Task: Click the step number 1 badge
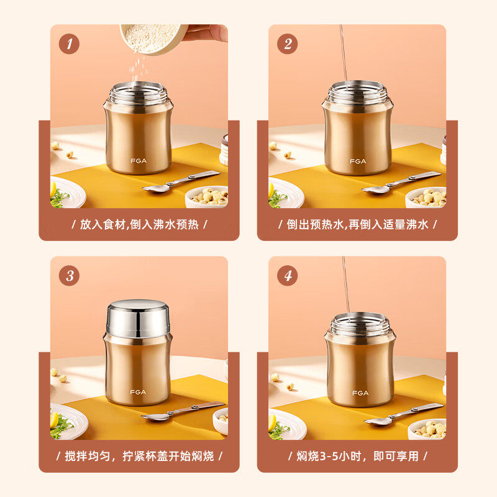click(x=69, y=44)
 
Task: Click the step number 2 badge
click(x=288, y=44)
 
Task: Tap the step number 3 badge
click(x=69, y=276)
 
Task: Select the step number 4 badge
click(x=288, y=276)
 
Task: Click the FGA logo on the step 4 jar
click(x=360, y=393)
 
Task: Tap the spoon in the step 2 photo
click(x=401, y=182)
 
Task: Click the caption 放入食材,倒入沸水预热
click(x=139, y=224)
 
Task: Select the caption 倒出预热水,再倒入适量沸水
click(x=357, y=224)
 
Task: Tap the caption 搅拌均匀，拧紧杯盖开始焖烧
click(x=139, y=456)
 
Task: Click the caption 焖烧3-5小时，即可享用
click(x=357, y=456)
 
